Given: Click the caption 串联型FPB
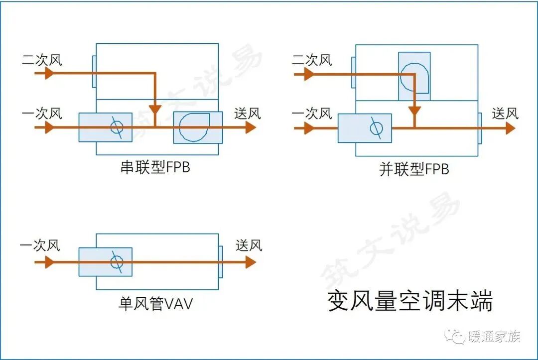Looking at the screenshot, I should (x=155, y=167).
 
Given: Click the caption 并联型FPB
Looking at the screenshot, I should (x=414, y=169).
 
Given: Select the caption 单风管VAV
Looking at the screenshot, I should (x=155, y=304).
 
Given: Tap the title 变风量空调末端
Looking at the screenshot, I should (x=409, y=301).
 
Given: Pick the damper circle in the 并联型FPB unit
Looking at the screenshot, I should (x=376, y=128).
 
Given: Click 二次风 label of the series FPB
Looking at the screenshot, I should (x=42, y=60).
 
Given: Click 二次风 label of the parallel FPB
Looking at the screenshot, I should (x=311, y=60).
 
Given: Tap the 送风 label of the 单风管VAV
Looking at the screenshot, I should (x=249, y=245).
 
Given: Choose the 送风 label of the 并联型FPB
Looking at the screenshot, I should (x=505, y=114).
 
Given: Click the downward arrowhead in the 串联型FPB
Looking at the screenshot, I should (x=155, y=109).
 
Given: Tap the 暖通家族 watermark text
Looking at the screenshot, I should (x=494, y=337).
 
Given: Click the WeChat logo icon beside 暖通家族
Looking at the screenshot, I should (x=455, y=337).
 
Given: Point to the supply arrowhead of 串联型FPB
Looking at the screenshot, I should (x=251, y=127).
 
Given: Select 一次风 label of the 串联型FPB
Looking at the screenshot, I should (x=42, y=114).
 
